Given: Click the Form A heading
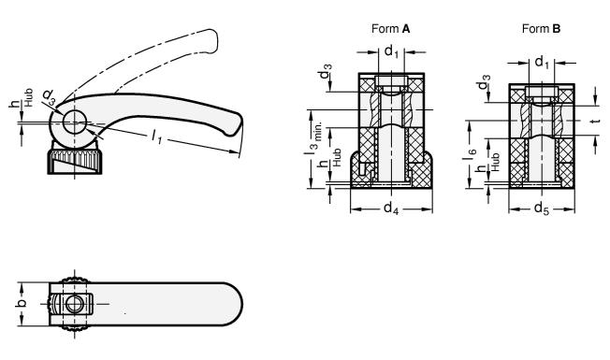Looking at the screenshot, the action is [390, 28].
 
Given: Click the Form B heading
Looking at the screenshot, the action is [541, 28].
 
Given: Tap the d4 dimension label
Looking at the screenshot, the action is [391, 209].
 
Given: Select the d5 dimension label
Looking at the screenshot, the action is [542, 209].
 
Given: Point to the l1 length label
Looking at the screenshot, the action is [157, 137].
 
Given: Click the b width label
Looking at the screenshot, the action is [22, 303].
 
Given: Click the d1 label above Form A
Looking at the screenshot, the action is [391, 51].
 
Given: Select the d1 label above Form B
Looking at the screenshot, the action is [542, 63].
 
